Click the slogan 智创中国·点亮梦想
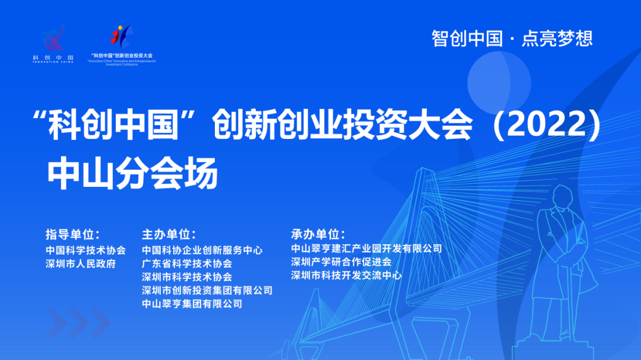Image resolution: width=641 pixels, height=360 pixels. [512, 39]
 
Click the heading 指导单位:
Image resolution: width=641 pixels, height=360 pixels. [72, 233]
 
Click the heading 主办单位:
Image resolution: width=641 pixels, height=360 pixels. [169, 233]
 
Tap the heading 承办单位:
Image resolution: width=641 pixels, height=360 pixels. [318, 233]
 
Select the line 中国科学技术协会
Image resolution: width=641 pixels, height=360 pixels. [85, 250]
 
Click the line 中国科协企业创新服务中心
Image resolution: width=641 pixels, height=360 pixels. [202, 250]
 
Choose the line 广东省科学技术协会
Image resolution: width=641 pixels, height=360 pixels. [187, 263]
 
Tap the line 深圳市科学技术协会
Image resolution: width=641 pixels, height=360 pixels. [187, 277]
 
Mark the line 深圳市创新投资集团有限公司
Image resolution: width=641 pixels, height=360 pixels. [207, 291]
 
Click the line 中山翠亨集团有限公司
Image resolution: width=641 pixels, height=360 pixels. [192, 304]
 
